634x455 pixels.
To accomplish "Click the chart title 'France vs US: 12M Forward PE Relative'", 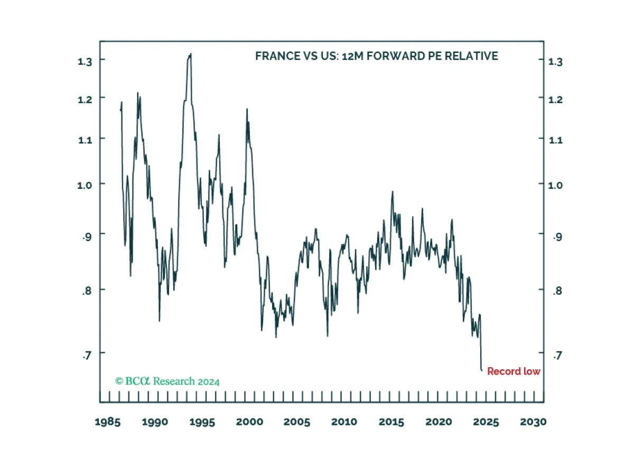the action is [x=376, y=56].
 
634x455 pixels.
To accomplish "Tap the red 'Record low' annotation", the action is [x=514, y=371].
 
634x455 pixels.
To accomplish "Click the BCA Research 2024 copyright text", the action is [x=167, y=381].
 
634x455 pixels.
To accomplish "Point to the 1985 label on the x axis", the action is [x=108, y=422].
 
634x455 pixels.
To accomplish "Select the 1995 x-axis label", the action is [x=202, y=422].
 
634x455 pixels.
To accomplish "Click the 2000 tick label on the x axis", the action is [x=249, y=422].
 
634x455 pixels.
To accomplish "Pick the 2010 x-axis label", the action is [x=344, y=422].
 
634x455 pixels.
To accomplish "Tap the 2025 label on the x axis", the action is [x=486, y=422].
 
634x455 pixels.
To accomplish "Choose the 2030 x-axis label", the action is [x=533, y=422].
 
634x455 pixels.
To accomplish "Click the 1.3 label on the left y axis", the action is [x=85, y=61].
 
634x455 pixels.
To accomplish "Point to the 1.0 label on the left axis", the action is [x=85, y=185].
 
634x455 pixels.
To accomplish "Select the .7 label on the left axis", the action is [x=87, y=355].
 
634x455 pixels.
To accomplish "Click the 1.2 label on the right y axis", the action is [x=555, y=99].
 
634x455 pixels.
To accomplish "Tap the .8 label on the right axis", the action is [x=557, y=290].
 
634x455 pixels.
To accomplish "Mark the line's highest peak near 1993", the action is [x=191, y=53].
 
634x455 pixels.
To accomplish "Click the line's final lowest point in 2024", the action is [x=481, y=370].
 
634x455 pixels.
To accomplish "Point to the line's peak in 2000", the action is [x=247, y=109].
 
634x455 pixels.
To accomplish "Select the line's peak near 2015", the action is [x=392, y=192].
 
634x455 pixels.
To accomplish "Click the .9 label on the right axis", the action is [x=557, y=236].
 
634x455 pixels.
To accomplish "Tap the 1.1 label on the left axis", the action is [x=85, y=140].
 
